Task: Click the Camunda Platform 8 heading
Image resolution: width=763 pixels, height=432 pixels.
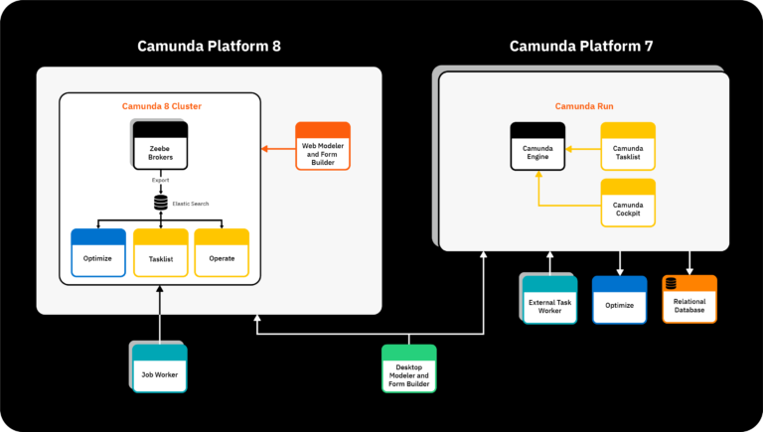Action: pos(209,46)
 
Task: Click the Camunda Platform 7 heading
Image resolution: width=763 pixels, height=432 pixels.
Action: pos(581,46)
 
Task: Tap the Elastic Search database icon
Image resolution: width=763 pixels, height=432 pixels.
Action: pos(160,203)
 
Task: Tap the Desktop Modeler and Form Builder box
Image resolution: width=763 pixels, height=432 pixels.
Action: pos(408,369)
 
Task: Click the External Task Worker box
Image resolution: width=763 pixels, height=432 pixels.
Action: pos(549,299)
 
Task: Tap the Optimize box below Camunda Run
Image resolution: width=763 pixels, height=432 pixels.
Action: pos(619,299)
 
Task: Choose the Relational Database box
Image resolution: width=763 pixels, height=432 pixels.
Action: pos(689,299)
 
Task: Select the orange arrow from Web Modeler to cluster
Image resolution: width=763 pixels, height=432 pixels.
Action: pos(278,149)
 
